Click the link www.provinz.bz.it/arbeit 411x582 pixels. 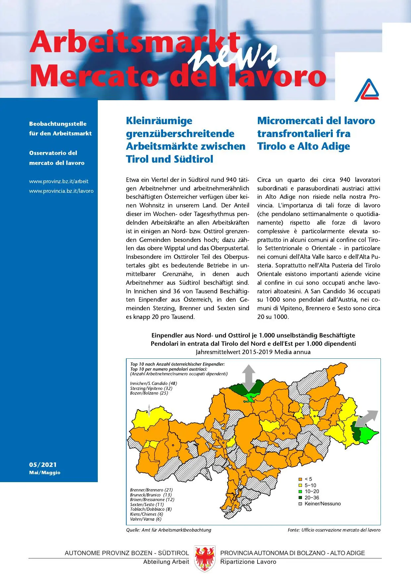59,181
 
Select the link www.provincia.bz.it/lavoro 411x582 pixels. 61,191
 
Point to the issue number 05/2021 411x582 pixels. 43,465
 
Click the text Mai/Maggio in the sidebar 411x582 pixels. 45,473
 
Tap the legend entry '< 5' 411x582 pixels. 308,479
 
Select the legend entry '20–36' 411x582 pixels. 312,497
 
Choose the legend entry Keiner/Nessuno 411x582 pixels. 322,504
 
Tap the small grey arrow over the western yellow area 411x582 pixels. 149,410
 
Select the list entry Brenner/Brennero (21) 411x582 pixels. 151,490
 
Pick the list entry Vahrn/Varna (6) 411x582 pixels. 146,519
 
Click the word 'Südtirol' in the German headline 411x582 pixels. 192,159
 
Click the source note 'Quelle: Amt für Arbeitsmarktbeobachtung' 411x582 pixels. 168,530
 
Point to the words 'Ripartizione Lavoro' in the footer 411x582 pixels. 248,562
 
